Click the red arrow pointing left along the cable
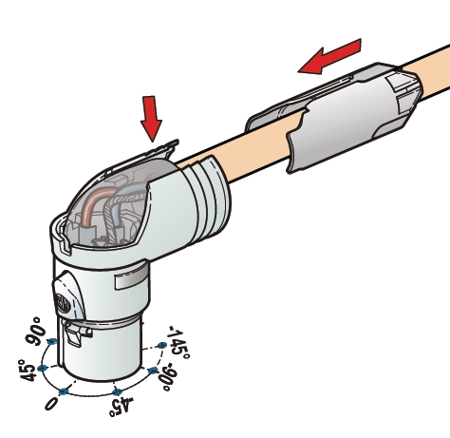[330, 55]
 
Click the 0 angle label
[51, 404]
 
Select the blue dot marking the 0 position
[64, 390]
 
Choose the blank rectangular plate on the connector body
[134, 281]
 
